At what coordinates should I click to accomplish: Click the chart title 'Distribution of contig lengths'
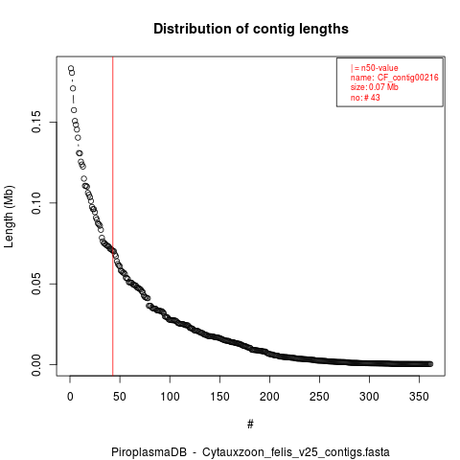coord(251,29)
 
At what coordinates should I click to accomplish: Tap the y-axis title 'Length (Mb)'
coord(9,217)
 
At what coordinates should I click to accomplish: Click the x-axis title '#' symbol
coord(250,425)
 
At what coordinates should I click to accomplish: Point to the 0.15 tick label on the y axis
coord(36,122)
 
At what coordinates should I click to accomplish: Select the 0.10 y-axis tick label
coord(36,203)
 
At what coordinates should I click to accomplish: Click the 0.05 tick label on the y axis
coord(36,284)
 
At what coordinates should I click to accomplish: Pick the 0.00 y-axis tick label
coord(36,365)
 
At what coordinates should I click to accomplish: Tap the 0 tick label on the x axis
coord(70,397)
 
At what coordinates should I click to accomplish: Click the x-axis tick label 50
coord(120,397)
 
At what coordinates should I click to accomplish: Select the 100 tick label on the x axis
coord(170,397)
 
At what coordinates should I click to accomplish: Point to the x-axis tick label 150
coord(219,397)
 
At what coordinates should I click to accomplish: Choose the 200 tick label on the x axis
coord(269,397)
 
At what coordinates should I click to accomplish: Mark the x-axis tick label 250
coord(319,397)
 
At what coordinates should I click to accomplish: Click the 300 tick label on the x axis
coord(369,397)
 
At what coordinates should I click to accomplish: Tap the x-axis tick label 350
coord(419,397)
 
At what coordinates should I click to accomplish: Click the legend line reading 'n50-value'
coord(379,68)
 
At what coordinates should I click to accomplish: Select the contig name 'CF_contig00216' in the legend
coord(408,78)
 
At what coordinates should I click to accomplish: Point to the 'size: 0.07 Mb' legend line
coord(375,87)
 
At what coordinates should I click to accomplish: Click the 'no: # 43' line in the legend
coord(365,98)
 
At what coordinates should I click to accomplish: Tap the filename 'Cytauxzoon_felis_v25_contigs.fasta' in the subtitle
coord(296,452)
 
